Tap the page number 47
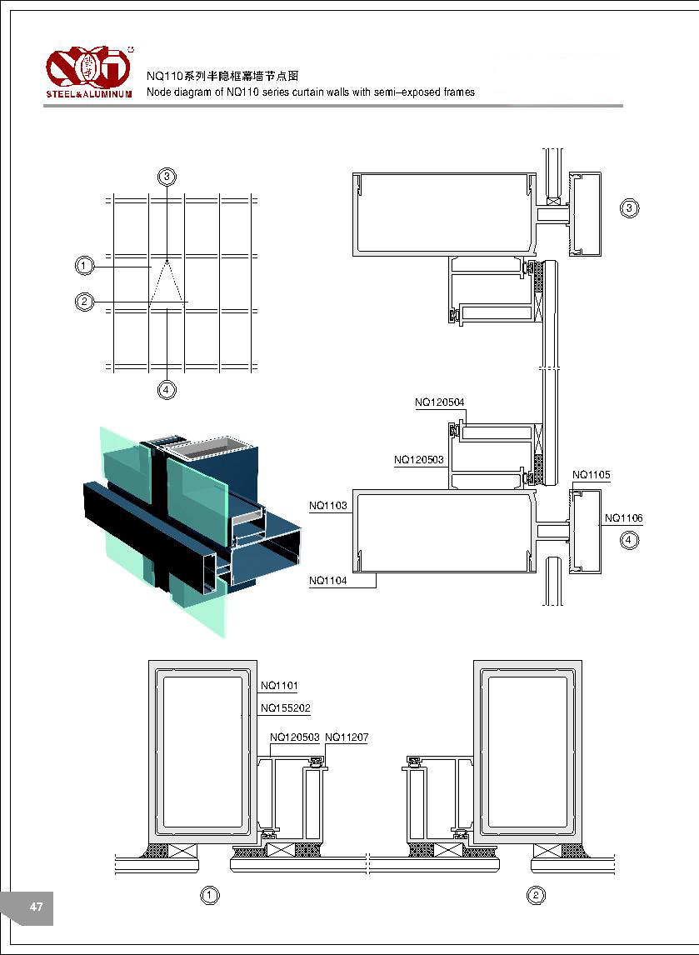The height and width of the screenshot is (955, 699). point(36,907)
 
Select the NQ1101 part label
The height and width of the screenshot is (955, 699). point(279,686)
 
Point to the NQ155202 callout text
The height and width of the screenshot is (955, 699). point(285,708)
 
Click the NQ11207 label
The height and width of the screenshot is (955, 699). point(347,737)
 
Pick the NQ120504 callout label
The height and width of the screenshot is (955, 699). point(440,402)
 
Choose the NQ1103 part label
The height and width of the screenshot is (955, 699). point(328,505)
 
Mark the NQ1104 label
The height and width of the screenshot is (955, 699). point(328,580)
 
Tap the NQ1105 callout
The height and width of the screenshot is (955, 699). point(592,475)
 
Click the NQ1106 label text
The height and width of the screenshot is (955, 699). point(624,518)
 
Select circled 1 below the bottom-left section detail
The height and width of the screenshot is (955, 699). point(211,896)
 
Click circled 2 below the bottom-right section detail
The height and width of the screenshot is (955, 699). point(537,896)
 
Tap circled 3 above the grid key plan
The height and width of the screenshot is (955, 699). point(167,176)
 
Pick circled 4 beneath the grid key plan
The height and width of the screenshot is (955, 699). point(167,389)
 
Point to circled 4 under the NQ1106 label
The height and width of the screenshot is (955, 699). point(630,540)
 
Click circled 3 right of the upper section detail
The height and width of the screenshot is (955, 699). point(630,207)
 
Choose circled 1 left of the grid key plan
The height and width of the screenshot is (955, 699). point(84,266)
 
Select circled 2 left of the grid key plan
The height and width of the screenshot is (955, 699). point(84,301)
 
